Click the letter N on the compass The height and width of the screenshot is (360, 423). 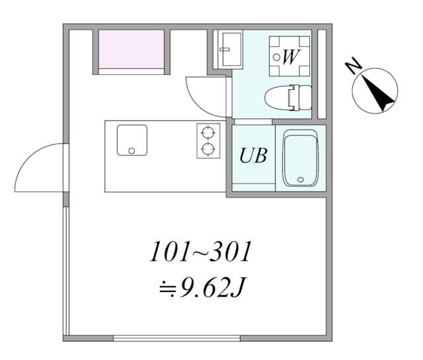coord(354,65)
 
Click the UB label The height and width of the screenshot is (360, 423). coord(254,156)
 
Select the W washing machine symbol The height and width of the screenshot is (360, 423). coord(289,56)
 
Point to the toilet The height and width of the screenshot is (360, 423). coord(288,98)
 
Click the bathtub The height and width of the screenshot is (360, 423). coord(300,158)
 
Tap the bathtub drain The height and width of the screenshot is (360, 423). coord(300,179)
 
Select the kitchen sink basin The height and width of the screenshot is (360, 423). coord(132,140)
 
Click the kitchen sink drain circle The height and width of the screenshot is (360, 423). coord(132,151)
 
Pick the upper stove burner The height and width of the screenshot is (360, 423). coord(208,133)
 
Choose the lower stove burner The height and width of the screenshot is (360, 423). coord(208,149)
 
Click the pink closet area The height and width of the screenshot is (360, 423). coord(132,49)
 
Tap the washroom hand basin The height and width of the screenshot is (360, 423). coord(229,50)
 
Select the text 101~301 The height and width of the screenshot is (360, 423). coord(201,252)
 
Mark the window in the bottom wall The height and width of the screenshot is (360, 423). coord(176,338)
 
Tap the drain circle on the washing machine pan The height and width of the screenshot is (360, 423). coord(276,57)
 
